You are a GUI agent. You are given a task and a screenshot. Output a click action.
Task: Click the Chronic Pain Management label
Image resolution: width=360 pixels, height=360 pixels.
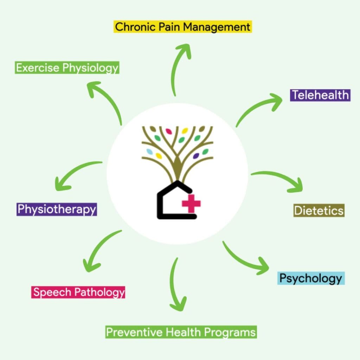183,27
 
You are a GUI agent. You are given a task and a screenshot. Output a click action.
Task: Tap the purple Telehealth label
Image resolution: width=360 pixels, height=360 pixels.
320,95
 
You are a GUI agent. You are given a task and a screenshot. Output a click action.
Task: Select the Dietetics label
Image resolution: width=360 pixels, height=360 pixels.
319,211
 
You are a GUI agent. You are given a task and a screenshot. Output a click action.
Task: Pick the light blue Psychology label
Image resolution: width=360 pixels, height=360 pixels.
310,278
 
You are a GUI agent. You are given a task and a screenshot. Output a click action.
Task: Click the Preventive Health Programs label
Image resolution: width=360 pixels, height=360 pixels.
181,332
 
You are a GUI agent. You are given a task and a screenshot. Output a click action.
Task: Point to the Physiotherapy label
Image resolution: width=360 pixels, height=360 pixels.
57,209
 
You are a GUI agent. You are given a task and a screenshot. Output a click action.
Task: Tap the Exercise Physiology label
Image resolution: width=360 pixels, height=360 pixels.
67,67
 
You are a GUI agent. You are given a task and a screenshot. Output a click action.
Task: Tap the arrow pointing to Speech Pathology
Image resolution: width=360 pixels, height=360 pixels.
98,250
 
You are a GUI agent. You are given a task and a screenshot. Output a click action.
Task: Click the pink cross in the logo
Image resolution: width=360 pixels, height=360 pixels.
191,204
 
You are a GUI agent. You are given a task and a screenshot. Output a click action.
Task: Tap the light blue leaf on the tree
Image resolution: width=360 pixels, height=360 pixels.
150,152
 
